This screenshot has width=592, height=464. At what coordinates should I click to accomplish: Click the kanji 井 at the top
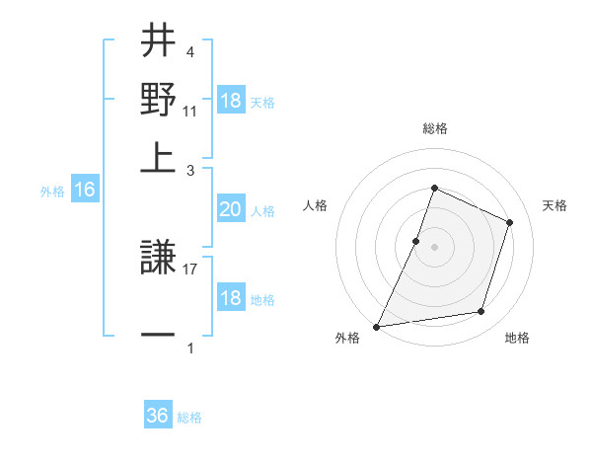coord(158,41)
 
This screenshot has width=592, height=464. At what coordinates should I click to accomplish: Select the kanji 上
coord(158,158)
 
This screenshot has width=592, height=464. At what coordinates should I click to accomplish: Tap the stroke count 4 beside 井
coord(190,50)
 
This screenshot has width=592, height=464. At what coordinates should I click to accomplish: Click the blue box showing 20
coord(230,209)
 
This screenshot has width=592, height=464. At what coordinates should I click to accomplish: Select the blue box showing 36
coord(158,416)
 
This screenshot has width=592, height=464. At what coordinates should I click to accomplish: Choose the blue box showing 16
coord(84,191)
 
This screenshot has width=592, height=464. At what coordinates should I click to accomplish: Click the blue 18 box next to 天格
coord(230,101)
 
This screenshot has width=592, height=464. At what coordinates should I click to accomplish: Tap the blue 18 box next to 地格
coord(230,299)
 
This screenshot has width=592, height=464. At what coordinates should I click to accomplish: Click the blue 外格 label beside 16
coord(52,192)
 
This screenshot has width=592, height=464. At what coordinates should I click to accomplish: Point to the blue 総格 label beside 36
coord(189,417)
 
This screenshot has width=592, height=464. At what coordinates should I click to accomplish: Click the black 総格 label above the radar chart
coord(434,129)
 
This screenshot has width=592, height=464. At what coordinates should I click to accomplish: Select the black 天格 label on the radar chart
coord(555,205)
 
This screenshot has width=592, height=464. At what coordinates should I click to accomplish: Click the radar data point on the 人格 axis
coord(416,241)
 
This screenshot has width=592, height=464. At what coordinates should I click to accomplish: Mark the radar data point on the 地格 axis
coord(481,312)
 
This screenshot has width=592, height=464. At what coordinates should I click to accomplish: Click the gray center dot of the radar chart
coord(434,247)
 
